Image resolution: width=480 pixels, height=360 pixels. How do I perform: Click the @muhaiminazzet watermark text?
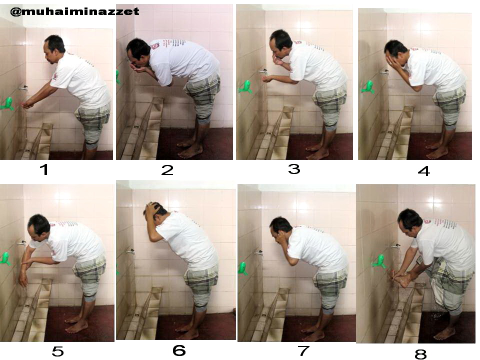click(74, 12)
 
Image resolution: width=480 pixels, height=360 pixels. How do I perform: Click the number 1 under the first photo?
click(44, 169)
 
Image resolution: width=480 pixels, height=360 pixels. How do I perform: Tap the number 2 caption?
click(167, 170)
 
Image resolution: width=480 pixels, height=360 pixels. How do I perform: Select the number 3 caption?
click(294, 168)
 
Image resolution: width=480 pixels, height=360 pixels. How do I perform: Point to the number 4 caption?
click(424, 171)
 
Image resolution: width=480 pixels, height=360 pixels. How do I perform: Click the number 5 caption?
click(57, 351)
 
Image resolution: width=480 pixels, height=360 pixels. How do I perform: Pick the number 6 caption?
click(179, 350)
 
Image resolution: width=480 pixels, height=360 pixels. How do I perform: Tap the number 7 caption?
click(303, 351)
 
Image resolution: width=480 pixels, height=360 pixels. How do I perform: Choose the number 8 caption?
click(420, 354)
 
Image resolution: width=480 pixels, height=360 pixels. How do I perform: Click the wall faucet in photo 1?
click(23, 88)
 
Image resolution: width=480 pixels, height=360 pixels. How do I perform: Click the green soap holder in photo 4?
click(367, 87)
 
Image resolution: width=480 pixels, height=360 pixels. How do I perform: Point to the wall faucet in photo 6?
click(131, 251)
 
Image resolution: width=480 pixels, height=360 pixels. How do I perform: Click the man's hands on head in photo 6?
click(153, 209)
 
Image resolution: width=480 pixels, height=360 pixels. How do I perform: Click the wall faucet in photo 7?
click(259, 253)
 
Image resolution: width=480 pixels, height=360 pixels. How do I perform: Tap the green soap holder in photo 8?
click(379, 262)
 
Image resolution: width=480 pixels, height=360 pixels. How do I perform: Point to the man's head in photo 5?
click(39, 225)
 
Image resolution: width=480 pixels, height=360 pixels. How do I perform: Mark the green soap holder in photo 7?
click(243, 268)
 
